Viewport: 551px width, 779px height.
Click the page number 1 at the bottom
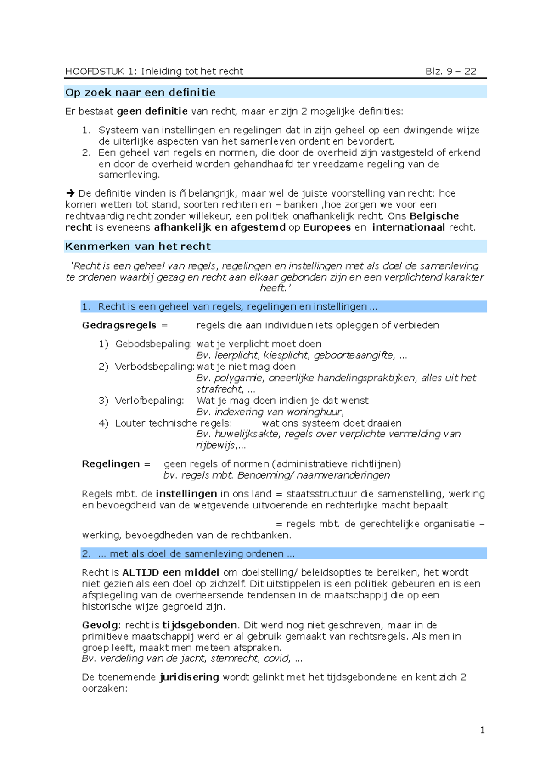pos(482,730)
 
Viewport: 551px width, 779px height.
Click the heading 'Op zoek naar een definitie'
pos(140,92)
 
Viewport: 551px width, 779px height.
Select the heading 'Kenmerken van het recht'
pos(138,246)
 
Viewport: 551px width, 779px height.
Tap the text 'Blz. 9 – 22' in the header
pos(450,71)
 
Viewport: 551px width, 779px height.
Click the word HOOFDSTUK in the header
pos(95,71)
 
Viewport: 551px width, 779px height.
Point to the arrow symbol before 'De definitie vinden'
pos(70,193)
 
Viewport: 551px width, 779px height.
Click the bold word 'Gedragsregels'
pos(119,325)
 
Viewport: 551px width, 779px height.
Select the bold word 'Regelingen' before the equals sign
pos(110,464)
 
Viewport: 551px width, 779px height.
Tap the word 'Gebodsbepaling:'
pos(153,344)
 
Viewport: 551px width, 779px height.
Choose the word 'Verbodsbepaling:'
pos(155,367)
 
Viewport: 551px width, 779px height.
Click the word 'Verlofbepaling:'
pos(149,401)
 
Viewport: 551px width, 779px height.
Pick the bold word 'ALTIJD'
pos(141,572)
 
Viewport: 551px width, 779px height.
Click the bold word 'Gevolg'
pos(100,625)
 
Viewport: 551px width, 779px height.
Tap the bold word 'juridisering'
pos(189,677)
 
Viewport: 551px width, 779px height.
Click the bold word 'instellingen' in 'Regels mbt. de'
pos(186,494)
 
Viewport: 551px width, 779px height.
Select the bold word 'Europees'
pos(326,227)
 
